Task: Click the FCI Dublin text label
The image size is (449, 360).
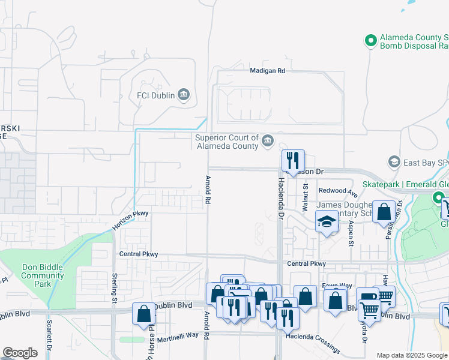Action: click(x=155, y=95)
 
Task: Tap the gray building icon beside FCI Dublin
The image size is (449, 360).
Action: click(x=184, y=95)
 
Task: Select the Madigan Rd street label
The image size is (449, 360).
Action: click(x=267, y=71)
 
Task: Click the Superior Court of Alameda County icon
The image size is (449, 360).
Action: click(x=267, y=142)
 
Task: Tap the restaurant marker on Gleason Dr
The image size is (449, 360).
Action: click(x=293, y=161)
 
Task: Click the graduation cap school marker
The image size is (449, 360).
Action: click(x=327, y=223)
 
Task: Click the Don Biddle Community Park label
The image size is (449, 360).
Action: click(x=42, y=276)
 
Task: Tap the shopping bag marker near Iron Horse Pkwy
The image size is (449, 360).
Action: click(x=144, y=314)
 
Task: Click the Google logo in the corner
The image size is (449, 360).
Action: click(x=20, y=353)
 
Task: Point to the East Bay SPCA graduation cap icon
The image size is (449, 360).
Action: click(x=394, y=161)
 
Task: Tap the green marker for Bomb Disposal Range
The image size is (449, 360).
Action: click(x=371, y=40)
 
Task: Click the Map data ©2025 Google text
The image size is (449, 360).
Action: click(x=411, y=355)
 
